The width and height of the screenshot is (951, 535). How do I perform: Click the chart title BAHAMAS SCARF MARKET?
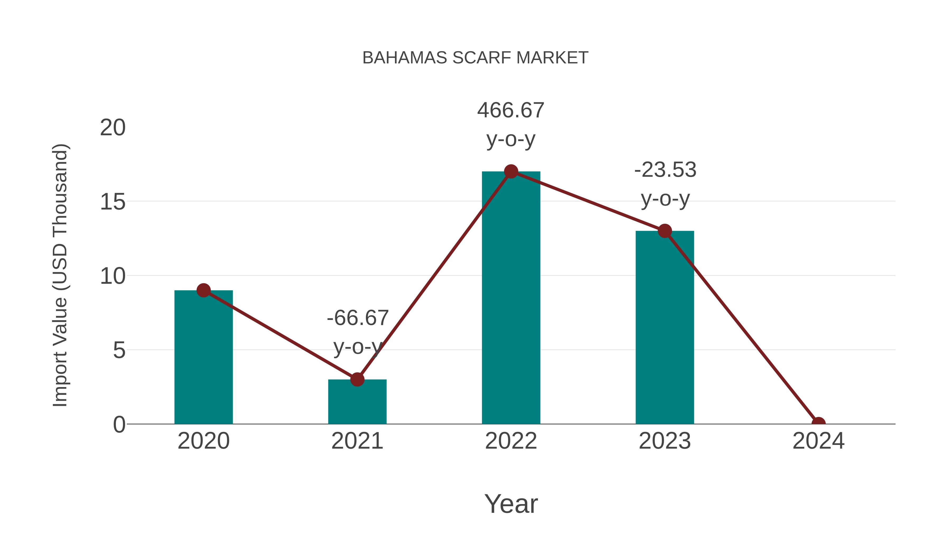click(475, 58)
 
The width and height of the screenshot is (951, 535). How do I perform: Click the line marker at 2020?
click(203, 291)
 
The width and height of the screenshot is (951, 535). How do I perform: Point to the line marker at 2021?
click(357, 379)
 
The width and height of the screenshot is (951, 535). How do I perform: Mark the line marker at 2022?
click(511, 172)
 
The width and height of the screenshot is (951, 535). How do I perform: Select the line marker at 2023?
click(665, 231)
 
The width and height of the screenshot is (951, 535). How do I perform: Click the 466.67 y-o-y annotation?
click(511, 125)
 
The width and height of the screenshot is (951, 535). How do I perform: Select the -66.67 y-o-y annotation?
click(357, 332)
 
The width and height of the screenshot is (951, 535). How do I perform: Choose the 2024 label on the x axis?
click(818, 441)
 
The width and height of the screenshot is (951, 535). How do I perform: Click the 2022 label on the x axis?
click(511, 441)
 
